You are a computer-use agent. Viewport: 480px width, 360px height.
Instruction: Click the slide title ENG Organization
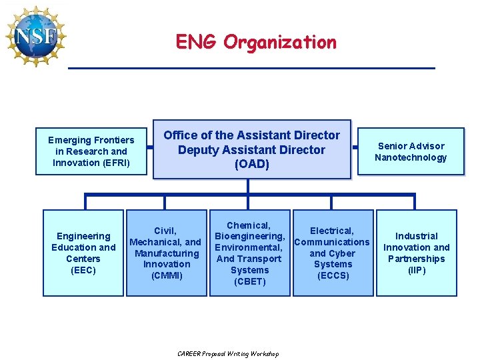point(256,42)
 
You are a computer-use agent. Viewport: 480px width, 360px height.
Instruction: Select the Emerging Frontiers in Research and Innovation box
point(91,151)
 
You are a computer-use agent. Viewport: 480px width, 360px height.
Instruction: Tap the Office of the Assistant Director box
point(251,149)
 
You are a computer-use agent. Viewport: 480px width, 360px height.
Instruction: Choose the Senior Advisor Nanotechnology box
point(411,151)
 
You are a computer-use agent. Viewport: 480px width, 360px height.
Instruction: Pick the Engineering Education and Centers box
point(83,253)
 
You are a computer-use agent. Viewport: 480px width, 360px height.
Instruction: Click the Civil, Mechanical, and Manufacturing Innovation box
point(165,253)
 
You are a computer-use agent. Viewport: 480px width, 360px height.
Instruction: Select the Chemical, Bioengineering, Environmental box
point(250,253)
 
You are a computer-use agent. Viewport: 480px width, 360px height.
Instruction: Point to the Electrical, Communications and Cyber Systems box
point(332,253)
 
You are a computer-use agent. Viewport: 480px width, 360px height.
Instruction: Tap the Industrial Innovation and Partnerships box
point(417,253)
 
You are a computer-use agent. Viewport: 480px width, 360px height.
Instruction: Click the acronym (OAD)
point(251,165)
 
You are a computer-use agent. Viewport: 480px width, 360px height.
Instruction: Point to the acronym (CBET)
point(250,281)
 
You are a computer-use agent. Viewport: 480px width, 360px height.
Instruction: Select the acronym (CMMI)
point(166,275)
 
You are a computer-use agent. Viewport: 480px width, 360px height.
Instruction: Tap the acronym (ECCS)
point(333,275)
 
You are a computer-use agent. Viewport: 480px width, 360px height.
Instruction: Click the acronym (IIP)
point(416,270)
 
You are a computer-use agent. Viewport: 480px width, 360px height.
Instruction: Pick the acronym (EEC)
point(83,270)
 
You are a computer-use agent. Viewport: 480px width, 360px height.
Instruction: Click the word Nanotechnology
point(411,157)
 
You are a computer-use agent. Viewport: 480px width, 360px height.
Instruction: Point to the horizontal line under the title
point(251,68)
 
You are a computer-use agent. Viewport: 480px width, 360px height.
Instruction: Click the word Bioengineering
point(249,237)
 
